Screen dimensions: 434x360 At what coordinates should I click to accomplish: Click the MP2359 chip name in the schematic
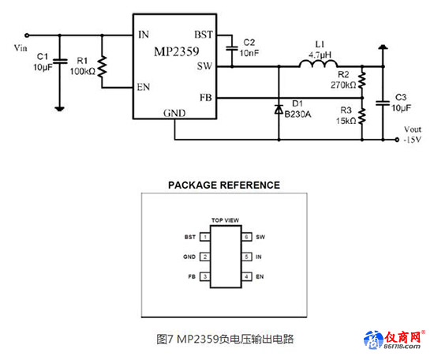176,51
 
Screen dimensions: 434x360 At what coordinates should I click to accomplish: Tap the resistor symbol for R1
102,66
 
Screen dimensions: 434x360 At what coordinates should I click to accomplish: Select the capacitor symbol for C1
60,62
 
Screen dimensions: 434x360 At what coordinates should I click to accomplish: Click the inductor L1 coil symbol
318,64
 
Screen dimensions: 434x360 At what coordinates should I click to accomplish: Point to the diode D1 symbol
279,109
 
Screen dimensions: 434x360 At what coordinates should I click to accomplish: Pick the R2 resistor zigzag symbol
362,80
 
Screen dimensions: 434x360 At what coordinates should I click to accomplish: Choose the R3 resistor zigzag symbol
362,116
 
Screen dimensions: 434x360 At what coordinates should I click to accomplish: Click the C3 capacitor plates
383,103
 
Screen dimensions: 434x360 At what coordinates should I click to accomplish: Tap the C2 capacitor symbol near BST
232,48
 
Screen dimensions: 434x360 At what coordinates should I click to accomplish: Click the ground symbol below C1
59,109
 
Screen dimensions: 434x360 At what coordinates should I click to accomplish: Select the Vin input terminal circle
27,36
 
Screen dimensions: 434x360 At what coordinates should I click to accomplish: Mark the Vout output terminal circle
397,139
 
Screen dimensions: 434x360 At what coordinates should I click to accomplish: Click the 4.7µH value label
320,54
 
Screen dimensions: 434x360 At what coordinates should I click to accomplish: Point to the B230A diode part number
297,114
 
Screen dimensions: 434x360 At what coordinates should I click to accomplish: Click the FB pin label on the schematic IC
206,98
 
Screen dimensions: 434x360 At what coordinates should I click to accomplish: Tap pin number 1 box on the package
205,237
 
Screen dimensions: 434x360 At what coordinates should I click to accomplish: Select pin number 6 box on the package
247,237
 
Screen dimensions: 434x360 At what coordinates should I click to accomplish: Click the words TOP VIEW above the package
226,220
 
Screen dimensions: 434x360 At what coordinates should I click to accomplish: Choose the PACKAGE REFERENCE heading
224,185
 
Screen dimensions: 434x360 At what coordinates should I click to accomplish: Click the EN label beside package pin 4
260,276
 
